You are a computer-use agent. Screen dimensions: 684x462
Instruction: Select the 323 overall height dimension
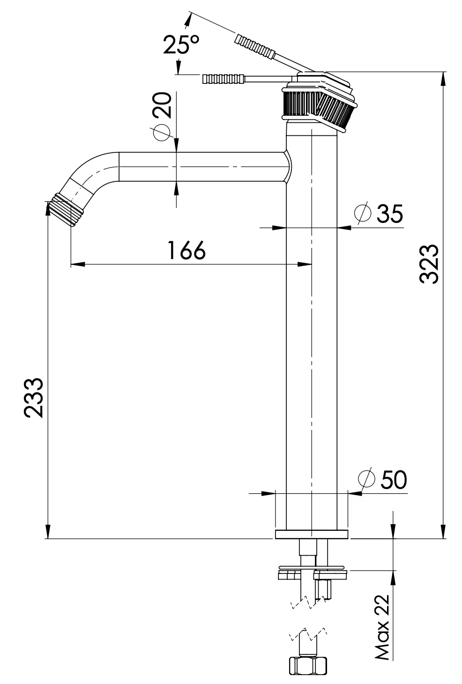429,263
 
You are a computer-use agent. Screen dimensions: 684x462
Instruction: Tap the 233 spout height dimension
34,397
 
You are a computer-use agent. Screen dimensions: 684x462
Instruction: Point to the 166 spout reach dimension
186,251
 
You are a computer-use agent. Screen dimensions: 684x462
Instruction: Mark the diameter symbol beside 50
366,479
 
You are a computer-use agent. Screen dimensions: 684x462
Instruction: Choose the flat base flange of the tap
312,535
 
